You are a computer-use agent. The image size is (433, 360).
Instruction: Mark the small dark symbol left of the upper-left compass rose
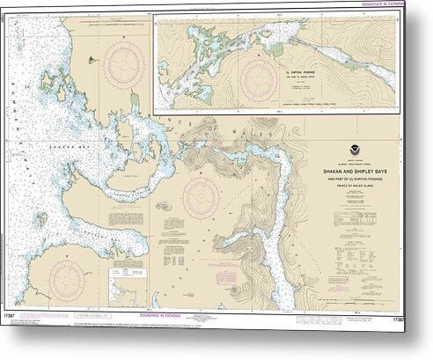click(91, 61)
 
